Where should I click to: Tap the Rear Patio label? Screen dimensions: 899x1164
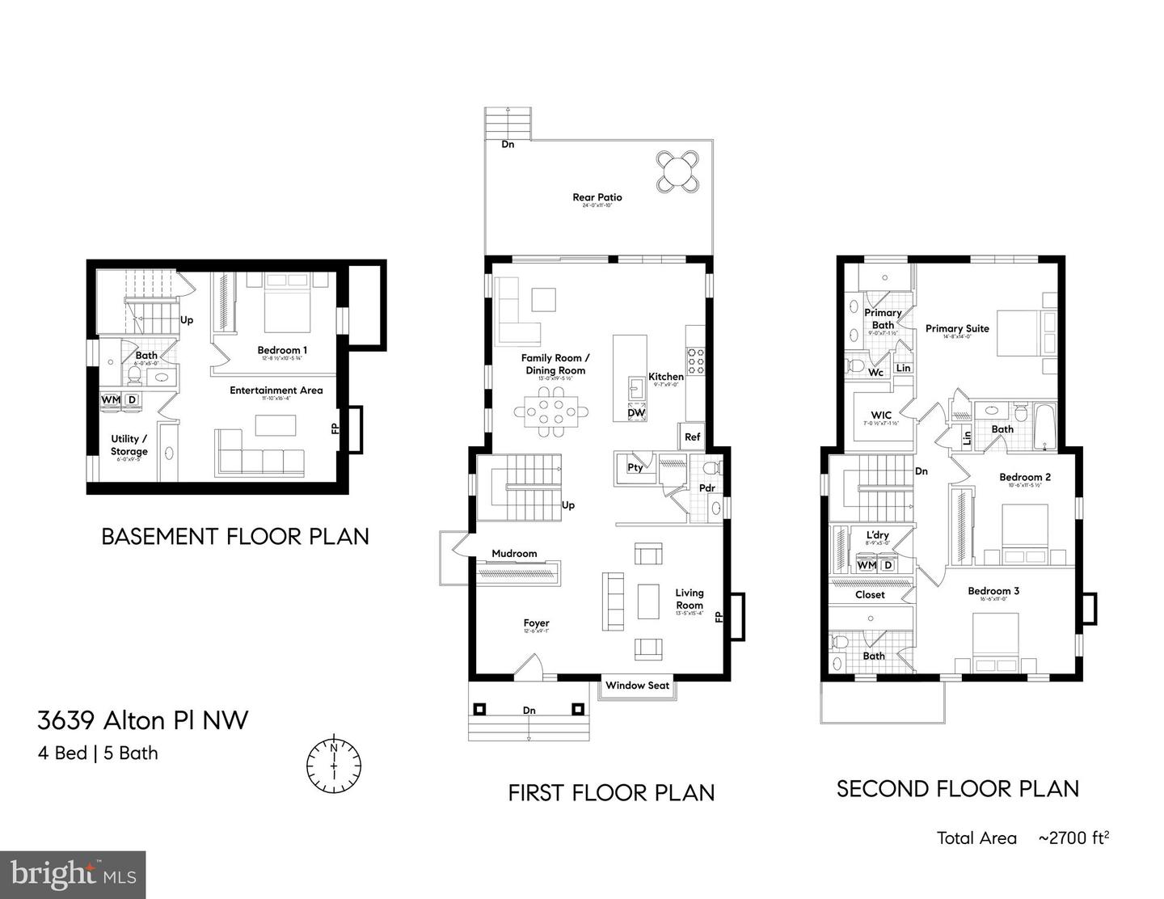tap(597, 197)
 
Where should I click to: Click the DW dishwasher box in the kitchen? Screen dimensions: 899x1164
tap(636, 413)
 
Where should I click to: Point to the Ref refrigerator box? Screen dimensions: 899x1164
tap(692, 437)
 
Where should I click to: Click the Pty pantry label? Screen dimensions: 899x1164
tap(635, 467)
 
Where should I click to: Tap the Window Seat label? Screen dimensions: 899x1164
tap(637, 686)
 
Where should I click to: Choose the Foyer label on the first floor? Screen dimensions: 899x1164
tap(536, 623)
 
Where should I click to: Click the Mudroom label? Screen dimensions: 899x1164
tap(514, 554)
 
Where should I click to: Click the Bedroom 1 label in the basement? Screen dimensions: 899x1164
tap(282, 350)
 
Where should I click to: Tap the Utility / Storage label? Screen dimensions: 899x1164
tap(129, 445)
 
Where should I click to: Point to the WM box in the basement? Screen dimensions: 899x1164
tap(111, 399)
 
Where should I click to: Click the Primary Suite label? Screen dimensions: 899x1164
tap(957, 328)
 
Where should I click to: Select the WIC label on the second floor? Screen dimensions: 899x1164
tap(881, 415)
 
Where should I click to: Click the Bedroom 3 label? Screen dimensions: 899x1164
tap(993, 591)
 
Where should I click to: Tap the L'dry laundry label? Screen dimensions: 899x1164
tap(877, 535)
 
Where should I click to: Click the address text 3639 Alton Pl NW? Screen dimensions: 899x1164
tap(143, 720)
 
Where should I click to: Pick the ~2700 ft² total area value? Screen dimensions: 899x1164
tap(1073, 838)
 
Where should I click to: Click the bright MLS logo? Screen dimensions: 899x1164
tap(73, 875)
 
